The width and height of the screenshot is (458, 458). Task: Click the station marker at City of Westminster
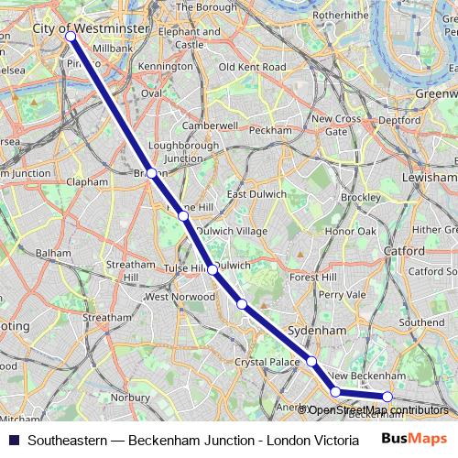coord(71,37)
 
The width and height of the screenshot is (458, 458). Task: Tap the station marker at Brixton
coord(151,172)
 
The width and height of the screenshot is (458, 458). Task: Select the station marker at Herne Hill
coord(184,216)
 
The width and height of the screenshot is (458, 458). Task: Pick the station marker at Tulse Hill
coord(213,269)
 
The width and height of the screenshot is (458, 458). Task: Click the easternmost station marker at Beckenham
coord(387,397)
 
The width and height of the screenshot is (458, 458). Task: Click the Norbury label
coord(128,398)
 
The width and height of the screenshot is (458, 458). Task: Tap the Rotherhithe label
coord(340,16)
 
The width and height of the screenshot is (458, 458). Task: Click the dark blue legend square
coord(12,440)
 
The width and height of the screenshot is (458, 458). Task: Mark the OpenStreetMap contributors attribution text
coord(379,409)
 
